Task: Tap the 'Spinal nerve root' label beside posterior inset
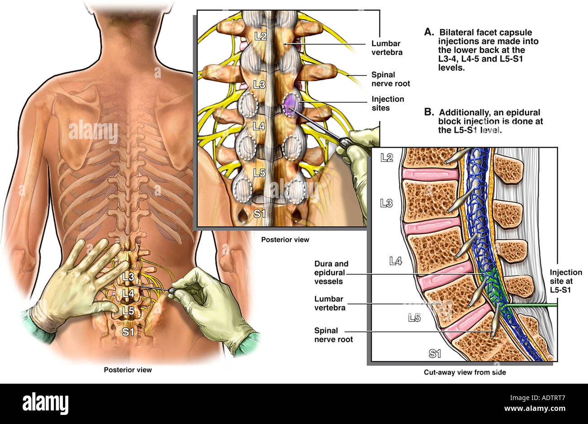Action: tap(390, 79)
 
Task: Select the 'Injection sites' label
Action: tap(388, 103)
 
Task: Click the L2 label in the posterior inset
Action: tap(260, 36)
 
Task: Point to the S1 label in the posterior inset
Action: tap(259, 213)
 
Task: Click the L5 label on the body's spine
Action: tap(128, 311)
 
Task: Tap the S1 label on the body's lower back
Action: tap(128, 332)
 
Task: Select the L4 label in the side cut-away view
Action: tap(396, 260)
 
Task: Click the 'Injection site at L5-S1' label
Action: tap(565, 281)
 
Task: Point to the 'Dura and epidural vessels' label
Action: tap(331, 272)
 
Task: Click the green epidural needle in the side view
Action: tap(534, 306)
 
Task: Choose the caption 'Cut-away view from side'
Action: tap(465, 372)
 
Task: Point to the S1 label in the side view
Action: tap(435, 353)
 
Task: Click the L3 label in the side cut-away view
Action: tap(386, 204)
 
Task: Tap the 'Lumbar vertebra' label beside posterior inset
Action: tap(387, 48)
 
